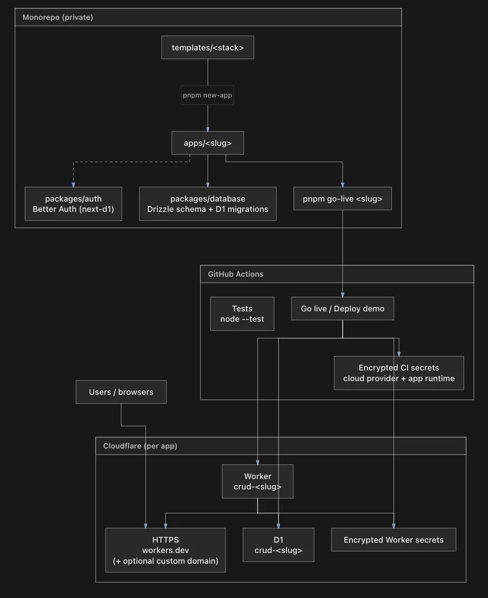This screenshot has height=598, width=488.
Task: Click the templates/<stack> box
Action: pyautogui.click(x=208, y=47)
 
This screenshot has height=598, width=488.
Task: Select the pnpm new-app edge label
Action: pyautogui.click(x=207, y=95)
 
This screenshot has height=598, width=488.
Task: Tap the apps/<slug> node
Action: pyautogui.click(x=208, y=143)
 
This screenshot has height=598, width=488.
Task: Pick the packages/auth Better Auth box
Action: pyautogui.click(x=73, y=204)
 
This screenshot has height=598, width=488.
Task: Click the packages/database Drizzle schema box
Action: pyautogui.click(x=208, y=204)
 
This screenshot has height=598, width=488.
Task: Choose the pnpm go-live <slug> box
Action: pyautogui.click(x=343, y=198)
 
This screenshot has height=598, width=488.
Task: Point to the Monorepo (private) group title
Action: pyautogui.click(x=58, y=17)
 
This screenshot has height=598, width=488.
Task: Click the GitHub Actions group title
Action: pyautogui.click(x=235, y=274)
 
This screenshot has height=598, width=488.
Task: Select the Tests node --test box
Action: pyautogui.click(x=242, y=313)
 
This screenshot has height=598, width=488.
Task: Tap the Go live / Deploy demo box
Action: pyautogui.click(x=343, y=308)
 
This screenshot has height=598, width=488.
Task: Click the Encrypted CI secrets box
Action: pyautogui.click(x=399, y=373)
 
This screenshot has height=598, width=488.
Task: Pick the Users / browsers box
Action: pyautogui.click(x=121, y=391)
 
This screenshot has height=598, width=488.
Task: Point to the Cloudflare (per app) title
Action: pyautogui.click(x=140, y=446)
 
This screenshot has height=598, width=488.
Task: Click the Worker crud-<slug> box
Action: pyautogui.click(x=258, y=481)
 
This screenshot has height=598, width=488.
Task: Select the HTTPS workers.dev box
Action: pyautogui.click(x=166, y=550)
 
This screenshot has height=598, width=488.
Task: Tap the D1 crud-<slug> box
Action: pyautogui.click(x=279, y=545)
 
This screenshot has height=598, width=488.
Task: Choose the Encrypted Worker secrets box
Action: pyautogui.click(x=394, y=540)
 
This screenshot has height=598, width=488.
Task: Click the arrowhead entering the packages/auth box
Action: pyautogui.click(x=73, y=185)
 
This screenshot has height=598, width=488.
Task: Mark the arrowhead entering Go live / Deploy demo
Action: pyautogui.click(x=343, y=295)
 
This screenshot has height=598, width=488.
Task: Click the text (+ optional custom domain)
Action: pyautogui.click(x=166, y=560)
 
